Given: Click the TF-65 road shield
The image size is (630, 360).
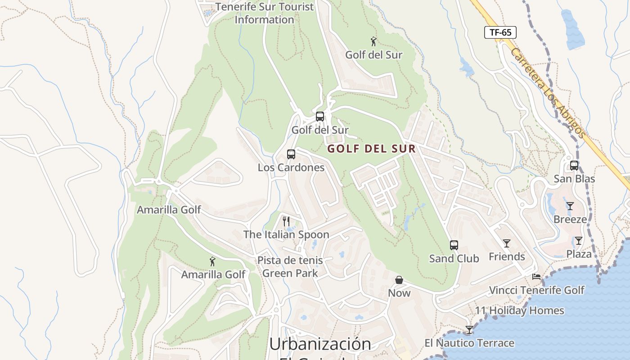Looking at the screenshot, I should (500, 32).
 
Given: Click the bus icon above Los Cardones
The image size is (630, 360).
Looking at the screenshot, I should (291, 154).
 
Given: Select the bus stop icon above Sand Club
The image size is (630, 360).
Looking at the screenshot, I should (454, 245).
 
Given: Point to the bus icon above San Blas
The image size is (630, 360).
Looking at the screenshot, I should (574, 166).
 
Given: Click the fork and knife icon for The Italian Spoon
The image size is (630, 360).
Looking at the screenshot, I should (286, 221).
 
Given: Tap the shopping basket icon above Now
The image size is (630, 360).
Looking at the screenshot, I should (399, 280).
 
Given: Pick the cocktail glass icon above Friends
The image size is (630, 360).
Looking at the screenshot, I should (507, 243).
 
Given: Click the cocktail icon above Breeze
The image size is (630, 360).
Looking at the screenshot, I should (570, 206).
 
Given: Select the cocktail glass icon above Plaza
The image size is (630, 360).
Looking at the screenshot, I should (579, 241).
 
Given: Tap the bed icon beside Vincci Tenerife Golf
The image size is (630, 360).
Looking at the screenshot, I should (536, 277).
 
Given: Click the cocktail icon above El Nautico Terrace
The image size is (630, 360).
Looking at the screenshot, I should (469, 330).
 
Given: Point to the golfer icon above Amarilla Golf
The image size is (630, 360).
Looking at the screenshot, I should (212, 261).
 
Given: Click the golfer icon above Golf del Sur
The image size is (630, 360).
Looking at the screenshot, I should (373, 42).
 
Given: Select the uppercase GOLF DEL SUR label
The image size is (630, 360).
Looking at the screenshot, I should (371, 148).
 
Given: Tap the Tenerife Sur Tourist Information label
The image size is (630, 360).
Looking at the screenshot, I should (265, 13).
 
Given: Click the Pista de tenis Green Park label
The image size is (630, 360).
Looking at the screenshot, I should (290, 266).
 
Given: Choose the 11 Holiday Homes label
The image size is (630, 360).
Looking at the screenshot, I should (519, 310).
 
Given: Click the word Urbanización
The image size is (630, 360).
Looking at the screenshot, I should (320, 344).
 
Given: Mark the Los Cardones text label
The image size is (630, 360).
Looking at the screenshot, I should (291, 167).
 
